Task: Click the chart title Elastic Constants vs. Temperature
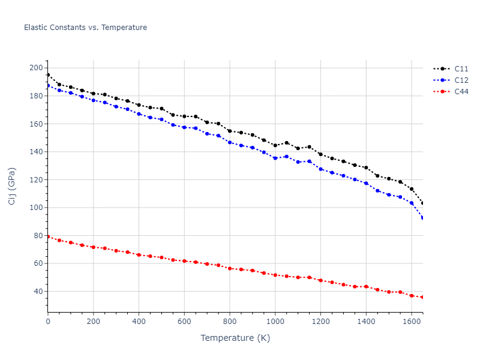(x=85, y=28)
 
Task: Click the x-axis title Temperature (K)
(x=235, y=338)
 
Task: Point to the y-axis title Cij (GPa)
(x=12, y=186)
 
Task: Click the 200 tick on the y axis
(x=36, y=68)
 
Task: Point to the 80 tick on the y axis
(x=38, y=236)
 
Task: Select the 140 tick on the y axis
(x=36, y=152)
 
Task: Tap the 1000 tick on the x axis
(x=275, y=321)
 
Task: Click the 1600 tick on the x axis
(x=412, y=321)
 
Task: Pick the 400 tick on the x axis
(x=139, y=321)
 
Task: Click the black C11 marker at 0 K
(x=48, y=75)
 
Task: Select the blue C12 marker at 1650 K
(x=423, y=218)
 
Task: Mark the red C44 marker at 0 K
(x=48, y=236)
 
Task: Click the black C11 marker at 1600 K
(x=412, y=189)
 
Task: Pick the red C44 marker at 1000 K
(x=275, y=275)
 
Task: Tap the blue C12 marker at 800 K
(x=230, y=142)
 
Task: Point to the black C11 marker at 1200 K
(x=320, y=154)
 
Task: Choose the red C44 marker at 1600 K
(x=412, y=296)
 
